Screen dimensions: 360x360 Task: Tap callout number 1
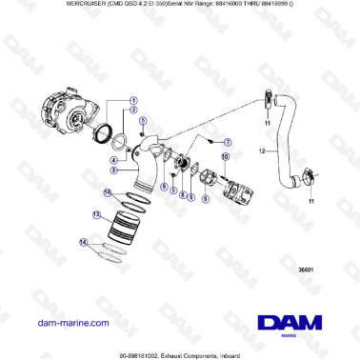[x=134, y=100]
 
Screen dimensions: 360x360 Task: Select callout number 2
[x=134, y=111]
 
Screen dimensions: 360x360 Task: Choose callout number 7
[x=228, y=141]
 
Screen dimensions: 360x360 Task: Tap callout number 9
[x=191, y=197]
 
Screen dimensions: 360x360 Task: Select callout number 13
[x=96, y=216]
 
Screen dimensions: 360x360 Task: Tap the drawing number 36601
[x=307, y=270]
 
